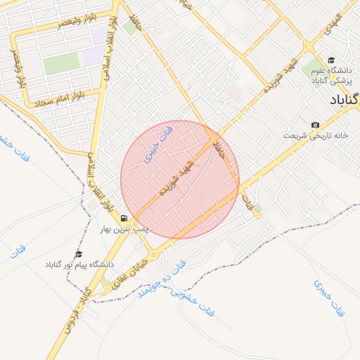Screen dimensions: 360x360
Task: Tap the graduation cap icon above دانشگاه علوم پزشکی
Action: [x=331, y=60]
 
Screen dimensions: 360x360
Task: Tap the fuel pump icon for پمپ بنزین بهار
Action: [x=124, y=219]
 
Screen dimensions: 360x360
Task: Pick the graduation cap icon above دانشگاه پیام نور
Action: [x=79, y=254]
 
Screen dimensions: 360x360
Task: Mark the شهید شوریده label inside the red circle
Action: [x=176, y=180]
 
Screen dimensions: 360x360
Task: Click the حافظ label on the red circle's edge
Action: [x=219, y=148]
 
